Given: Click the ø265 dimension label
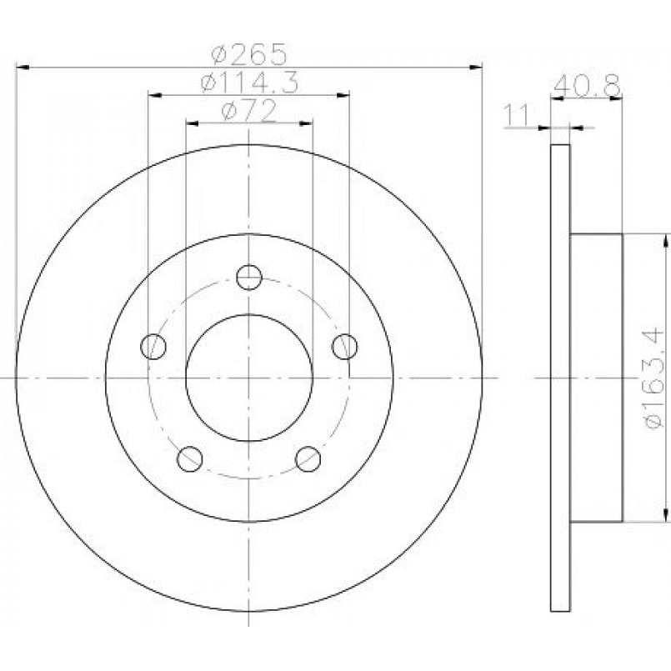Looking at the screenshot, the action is click(248, 54).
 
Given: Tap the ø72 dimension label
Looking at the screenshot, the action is click(248, 111).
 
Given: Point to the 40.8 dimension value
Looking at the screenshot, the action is click(587, 86).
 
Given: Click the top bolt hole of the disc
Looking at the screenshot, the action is click(249, 278).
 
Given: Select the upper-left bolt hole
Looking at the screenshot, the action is click(153, 346).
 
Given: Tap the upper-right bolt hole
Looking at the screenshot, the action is click(345, 346).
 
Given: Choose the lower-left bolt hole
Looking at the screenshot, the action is click(189, 459).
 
